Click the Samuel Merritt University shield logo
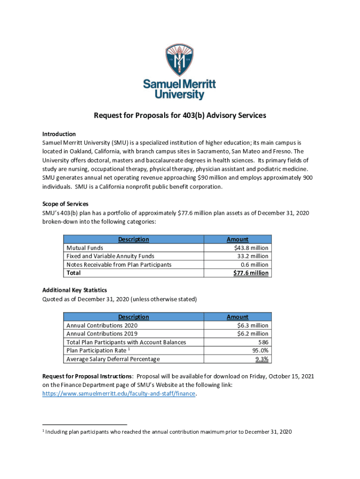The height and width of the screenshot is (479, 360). tap(180, 60)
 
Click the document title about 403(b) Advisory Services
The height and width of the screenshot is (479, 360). tap(180, 115)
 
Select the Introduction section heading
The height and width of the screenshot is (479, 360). tap(59, 134)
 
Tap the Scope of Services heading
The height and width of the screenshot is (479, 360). tap(65, 204)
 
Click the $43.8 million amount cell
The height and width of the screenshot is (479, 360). tap(253, 248)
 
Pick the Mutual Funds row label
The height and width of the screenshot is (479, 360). tap(85, 248)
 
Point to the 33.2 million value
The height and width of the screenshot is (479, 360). tap(253, 256)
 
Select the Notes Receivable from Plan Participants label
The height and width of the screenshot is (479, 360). tap(119, 265)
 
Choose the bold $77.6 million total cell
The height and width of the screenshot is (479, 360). tap(251, 273)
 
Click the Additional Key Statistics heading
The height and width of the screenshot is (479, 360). tap(75, 290)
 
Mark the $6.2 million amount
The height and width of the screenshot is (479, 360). tap(253, 334)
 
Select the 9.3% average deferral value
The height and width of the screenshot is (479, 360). tap(262, 359)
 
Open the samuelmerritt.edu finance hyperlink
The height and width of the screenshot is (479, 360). tap(119, 394)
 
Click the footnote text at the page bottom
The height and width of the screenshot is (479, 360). tap(169, 432)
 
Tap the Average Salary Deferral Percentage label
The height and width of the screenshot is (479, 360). tap(113, 359)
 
